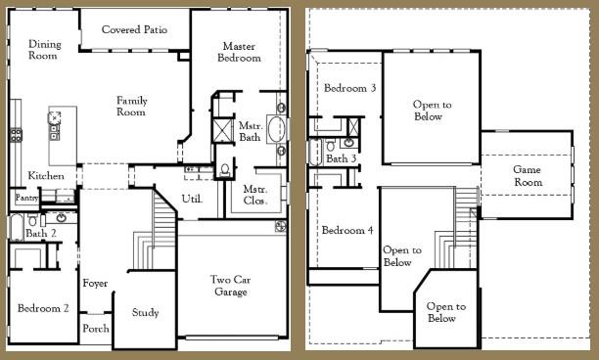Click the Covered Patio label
(134, 29)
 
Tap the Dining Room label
(44, 50)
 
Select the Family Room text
(131, 106)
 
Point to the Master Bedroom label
(241, 52)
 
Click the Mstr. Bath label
(250, 131)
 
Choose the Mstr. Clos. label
(255, 195)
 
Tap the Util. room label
(192, 199)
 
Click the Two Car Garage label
(233, 286)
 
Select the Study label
(145, 313)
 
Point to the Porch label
(95, 329)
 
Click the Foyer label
(95, 284)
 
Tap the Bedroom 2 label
(43, 309)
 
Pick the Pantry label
(26, 198)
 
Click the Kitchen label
(46, 176)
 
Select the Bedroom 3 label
(349, 88)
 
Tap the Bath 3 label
(341, 158)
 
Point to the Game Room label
(528, 176)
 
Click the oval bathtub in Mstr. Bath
(274, 129)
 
